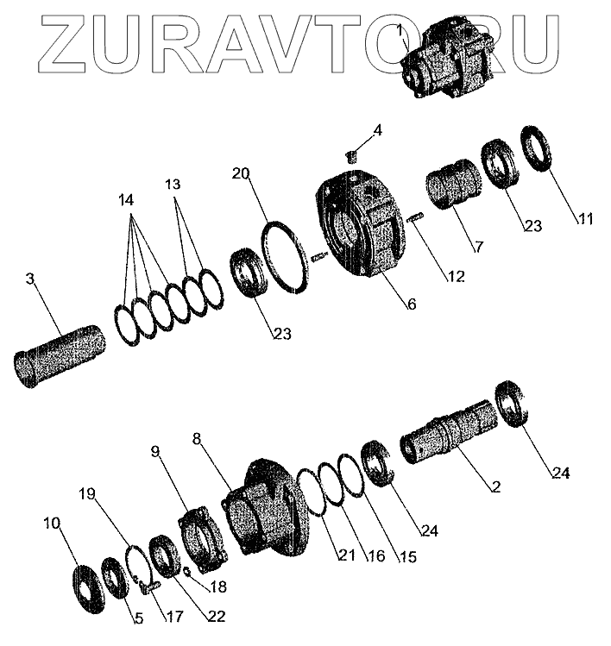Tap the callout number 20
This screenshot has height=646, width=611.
tap(241, 173)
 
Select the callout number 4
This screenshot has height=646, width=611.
tap(377, 131)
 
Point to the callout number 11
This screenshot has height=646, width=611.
tap(586, 219)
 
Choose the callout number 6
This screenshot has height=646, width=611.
tap(411, 304)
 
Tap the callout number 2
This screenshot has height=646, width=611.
tap(494, 487)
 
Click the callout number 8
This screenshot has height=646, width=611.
tap(198, 440)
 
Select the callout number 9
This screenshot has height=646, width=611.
tap(155, 451)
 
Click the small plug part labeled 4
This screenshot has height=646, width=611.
tap(351, 156)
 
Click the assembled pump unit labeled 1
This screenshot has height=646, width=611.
tap(449, 60)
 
